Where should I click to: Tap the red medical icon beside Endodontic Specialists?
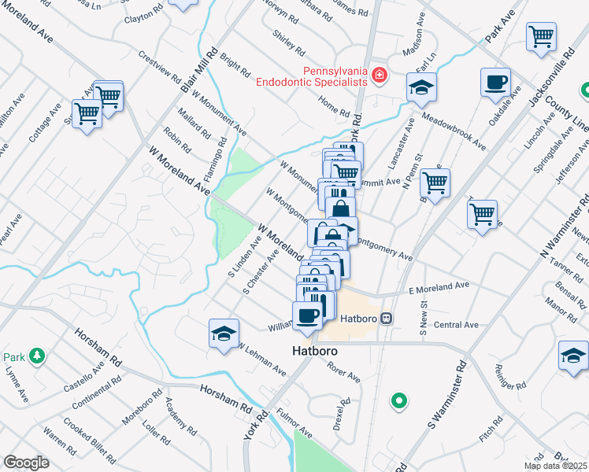click(x=380, y=76)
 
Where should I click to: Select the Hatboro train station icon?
click(x=386, y=318)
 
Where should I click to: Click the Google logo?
click(x=26, y=462)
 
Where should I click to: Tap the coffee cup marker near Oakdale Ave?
click(x=495, y=83)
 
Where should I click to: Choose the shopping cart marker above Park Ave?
click(x=541, y=37)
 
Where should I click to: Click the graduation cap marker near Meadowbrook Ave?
click(x=422, y=88)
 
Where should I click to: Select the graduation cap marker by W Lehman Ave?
click(x=224, y=334)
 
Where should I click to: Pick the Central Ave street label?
click(x=456, y=324)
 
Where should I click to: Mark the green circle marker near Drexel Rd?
click(x=400, y=401)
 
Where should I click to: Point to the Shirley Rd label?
click(x=288, y=43)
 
